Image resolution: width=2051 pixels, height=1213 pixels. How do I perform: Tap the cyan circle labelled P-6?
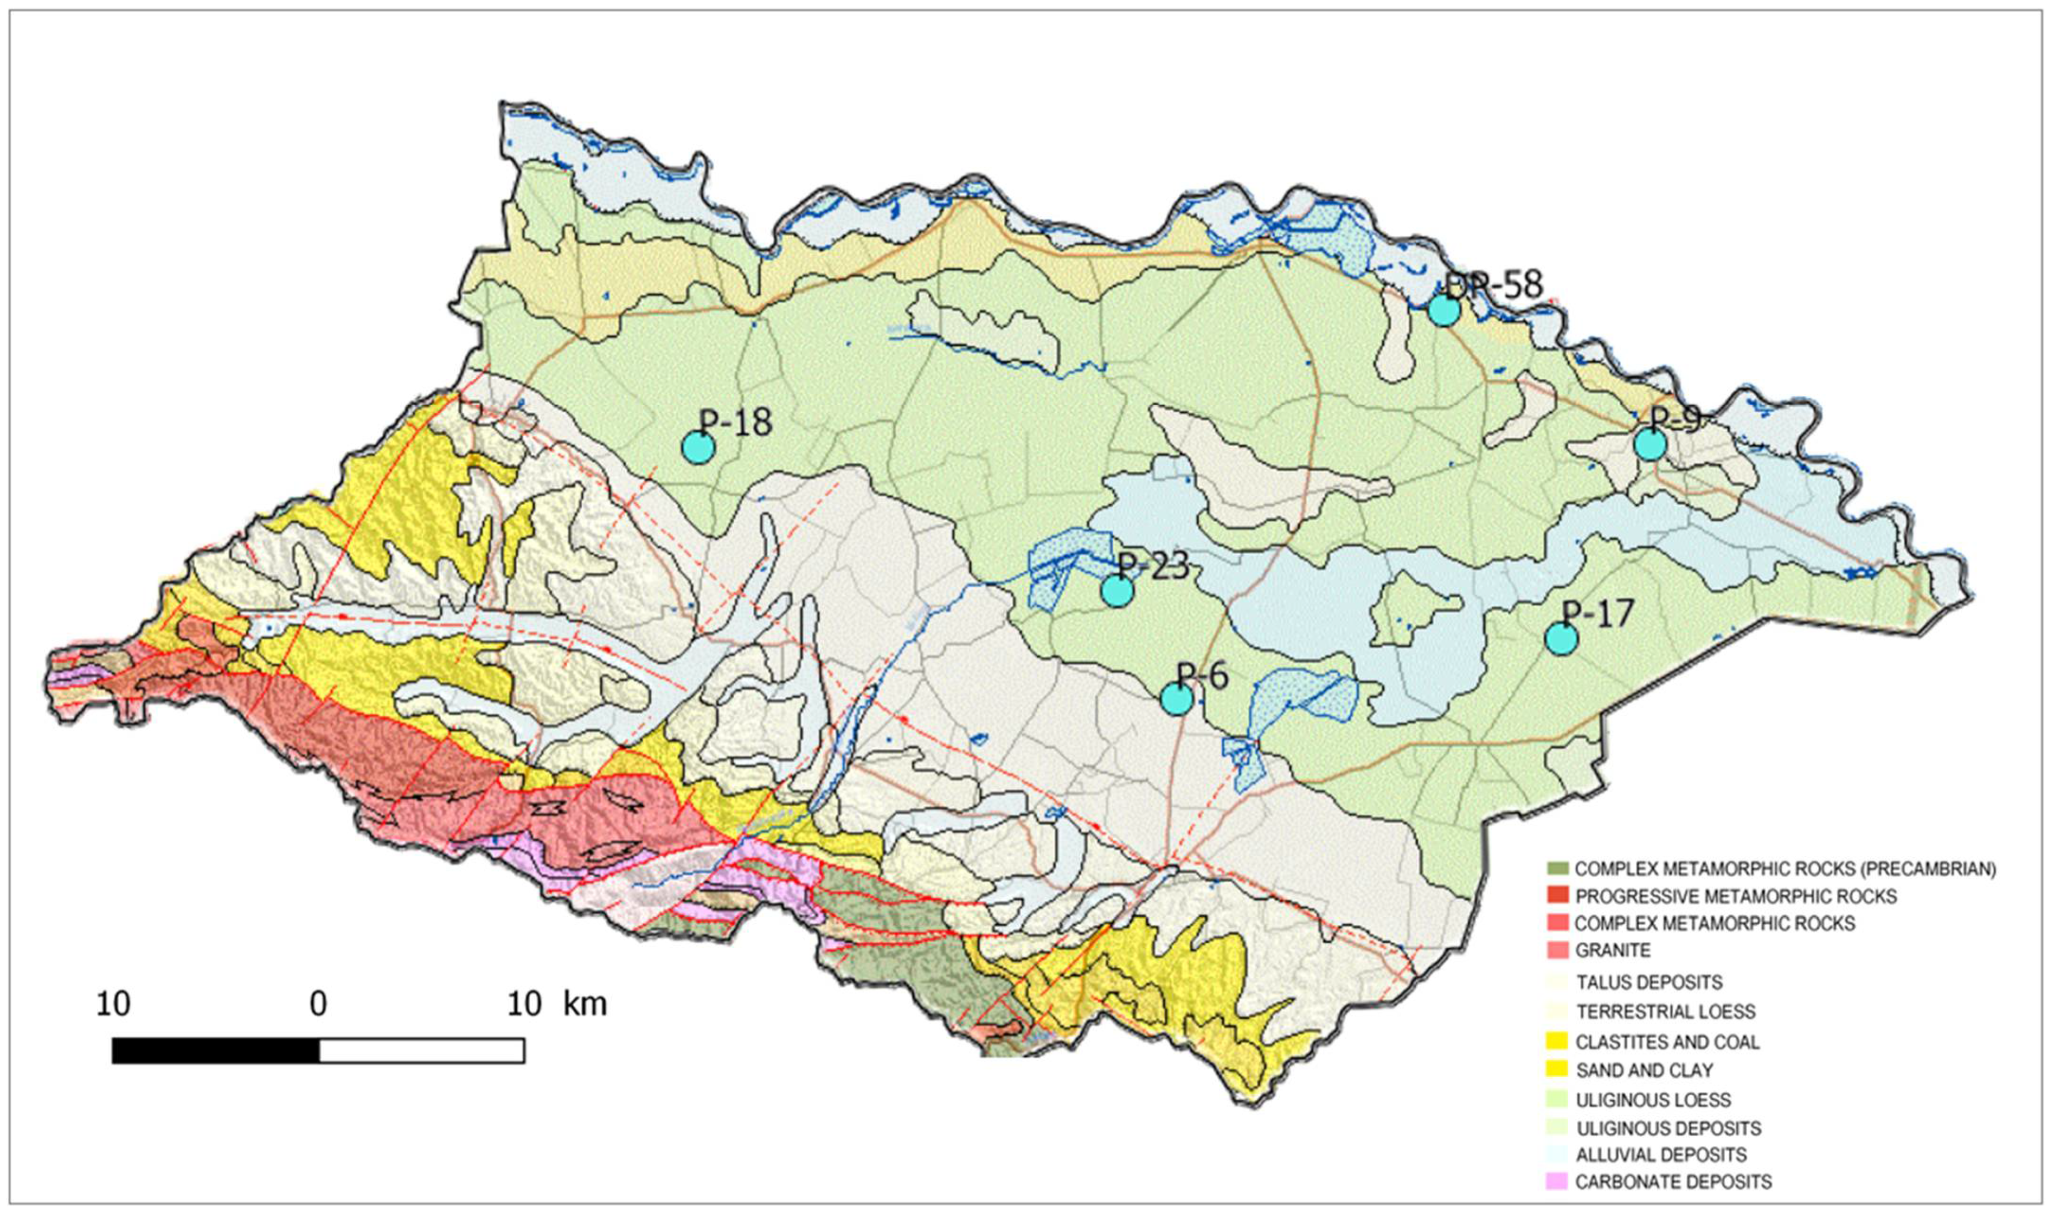(x=1176, y=698)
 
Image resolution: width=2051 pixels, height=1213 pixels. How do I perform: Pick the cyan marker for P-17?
(x=1561, y=638)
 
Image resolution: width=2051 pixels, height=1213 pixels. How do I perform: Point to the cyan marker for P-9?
(x=1650, y=444)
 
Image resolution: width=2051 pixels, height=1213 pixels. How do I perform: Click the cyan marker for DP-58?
(x=1443, y=310)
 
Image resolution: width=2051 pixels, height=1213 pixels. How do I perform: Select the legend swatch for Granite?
(x=1557, y=950)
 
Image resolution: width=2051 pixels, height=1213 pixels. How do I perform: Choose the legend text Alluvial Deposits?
(x=1661, y=1155)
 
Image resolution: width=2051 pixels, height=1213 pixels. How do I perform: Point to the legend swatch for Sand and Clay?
(x=1557, y=1070)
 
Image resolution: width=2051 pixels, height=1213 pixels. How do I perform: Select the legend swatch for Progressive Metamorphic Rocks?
(x=1557, y=896)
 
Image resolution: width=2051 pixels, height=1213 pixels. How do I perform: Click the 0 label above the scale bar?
(x=318, y=1004)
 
